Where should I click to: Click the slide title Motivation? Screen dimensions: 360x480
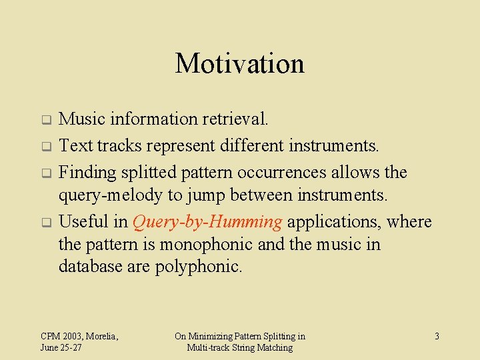point(239,64)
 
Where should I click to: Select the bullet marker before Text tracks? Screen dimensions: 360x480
point(47,146)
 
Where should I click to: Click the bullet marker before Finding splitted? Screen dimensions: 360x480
point(47,173)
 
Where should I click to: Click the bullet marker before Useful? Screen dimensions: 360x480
point(47,222)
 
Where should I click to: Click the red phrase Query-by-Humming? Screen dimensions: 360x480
point(207,222)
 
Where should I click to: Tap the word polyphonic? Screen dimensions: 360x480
point(198,267)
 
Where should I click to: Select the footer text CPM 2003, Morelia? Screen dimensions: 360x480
point(79,336)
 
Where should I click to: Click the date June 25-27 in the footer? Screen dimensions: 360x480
point(61,348)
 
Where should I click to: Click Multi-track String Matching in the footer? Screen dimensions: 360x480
point(239,348)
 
